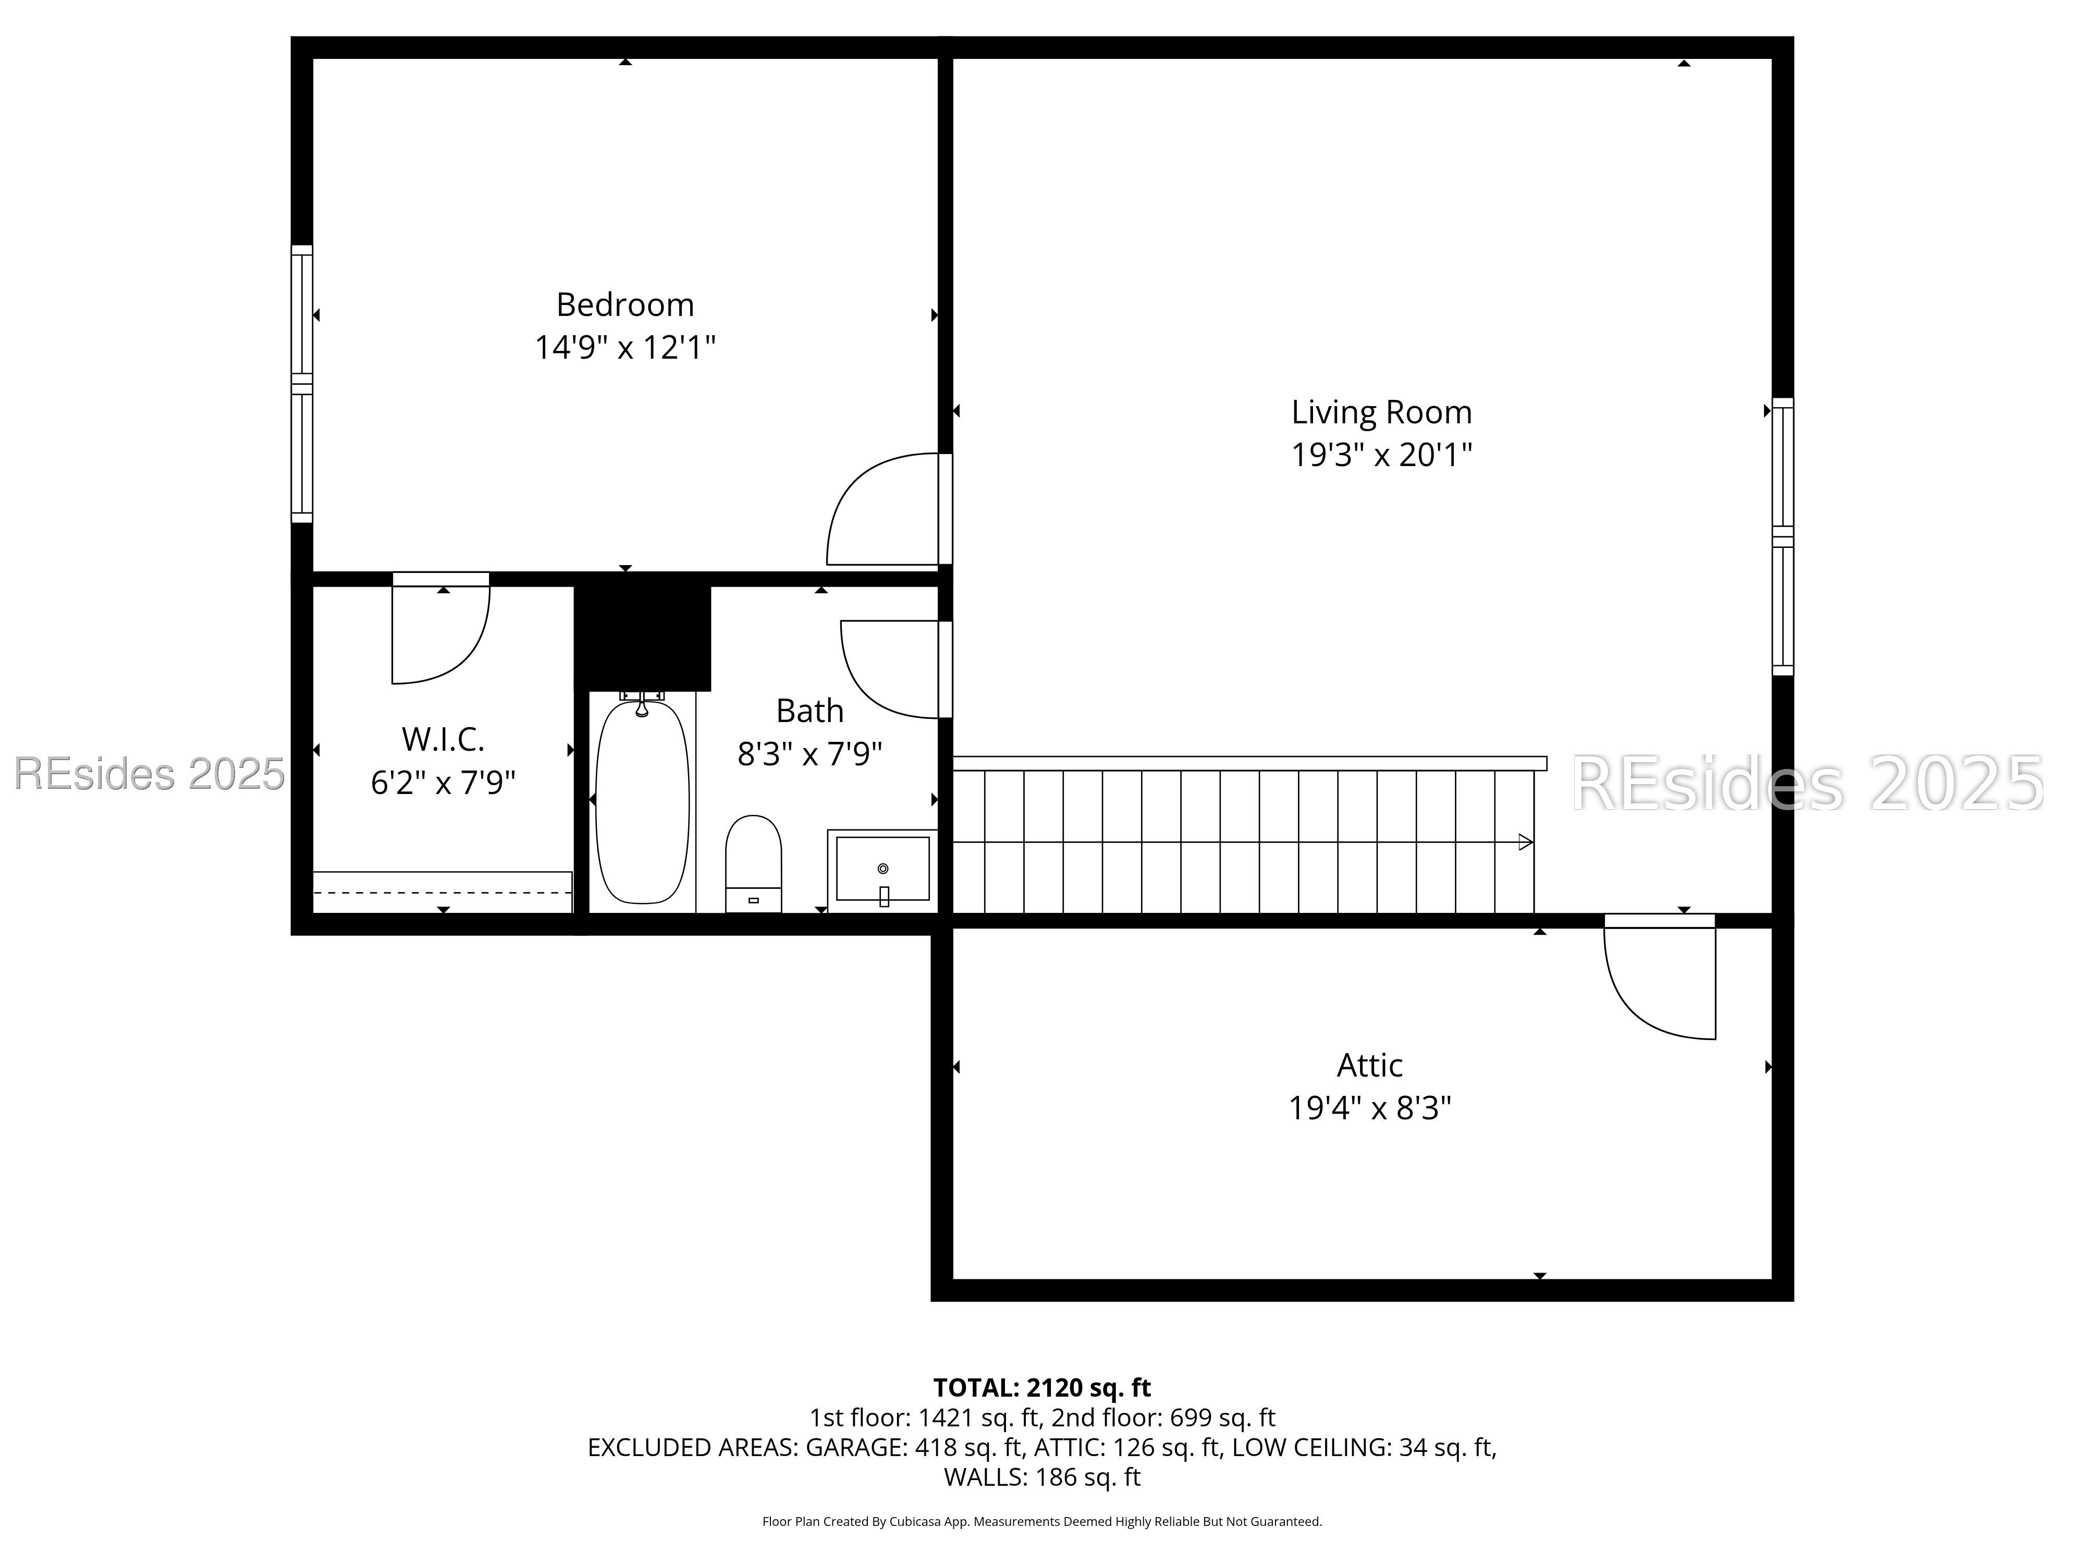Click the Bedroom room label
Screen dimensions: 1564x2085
tap(625, 304)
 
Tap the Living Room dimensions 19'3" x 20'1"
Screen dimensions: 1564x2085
tap(1381, 455)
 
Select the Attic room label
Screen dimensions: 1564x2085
tap(1369, 1065)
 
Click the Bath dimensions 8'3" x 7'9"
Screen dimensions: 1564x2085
tap(810, 754)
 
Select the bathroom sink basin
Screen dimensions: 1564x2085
tap(882, 868)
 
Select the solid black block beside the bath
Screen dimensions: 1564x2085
tap(643, 637)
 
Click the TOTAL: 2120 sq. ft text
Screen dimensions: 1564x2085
tap(1041, 1388)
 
